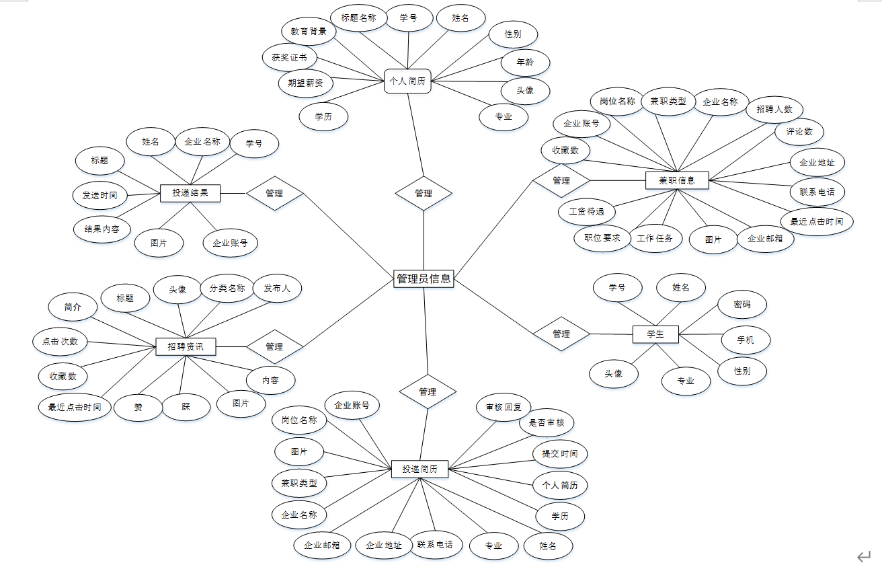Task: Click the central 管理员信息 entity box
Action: pos(424,278)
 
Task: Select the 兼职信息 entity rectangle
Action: pos(676,180)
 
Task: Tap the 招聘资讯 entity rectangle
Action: pos(186,347)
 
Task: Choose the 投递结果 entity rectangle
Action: pos(190,193)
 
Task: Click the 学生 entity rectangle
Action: pos(655,334)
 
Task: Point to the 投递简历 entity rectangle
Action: pos(419,469)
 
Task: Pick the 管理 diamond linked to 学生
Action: pos(561,334)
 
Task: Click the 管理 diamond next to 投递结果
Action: pos(274,193)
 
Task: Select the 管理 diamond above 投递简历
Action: pos(428,391)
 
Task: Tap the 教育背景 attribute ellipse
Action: pos(309,31)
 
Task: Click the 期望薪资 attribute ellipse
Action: pos(306,83)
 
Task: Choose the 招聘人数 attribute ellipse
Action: pos(774,109)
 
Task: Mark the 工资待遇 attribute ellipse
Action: pos(586,211)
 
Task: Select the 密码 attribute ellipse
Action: pos(742,305)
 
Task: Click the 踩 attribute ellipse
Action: pos(186,406)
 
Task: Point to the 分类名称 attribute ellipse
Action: pos(227,289)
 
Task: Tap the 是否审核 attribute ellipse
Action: pos(547,422)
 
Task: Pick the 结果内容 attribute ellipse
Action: pos(102,229)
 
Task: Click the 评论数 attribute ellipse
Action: pos(799,132)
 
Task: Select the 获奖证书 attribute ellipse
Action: pos(290,58)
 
